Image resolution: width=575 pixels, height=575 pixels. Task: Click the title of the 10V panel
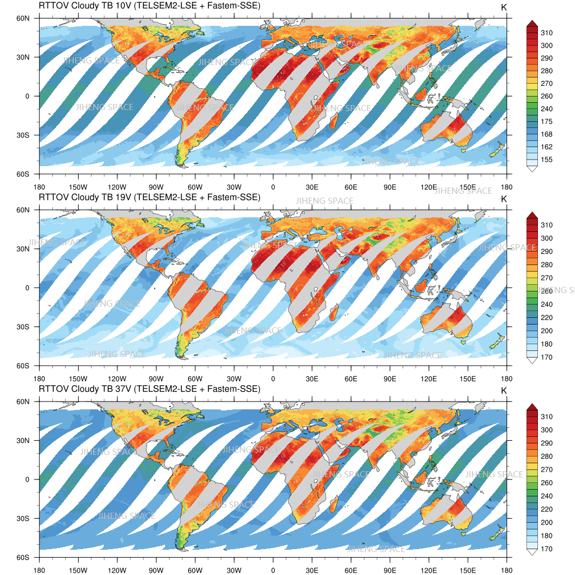point(149,6)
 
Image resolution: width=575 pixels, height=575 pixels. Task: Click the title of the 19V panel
point(149,197)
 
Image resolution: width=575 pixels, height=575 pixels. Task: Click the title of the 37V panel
point(149,389)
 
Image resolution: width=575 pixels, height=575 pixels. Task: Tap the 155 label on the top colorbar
point(546,160)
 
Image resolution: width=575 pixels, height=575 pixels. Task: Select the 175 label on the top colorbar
point(546,122)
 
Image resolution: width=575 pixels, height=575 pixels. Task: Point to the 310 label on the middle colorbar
point(546,225)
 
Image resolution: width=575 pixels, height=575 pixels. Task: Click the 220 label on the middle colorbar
point(546,318)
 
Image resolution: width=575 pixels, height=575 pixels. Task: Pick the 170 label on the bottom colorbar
point(546,549)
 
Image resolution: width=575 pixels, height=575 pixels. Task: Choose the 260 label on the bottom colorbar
point(546,483)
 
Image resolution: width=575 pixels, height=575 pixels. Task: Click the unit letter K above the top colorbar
point(504,7)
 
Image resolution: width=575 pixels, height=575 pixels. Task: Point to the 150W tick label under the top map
point(78,187)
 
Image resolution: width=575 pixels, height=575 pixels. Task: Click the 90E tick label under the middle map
point(390,378)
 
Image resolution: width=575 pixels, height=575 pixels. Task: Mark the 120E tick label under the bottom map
point(429,570)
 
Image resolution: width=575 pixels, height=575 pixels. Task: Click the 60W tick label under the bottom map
point(195,570)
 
